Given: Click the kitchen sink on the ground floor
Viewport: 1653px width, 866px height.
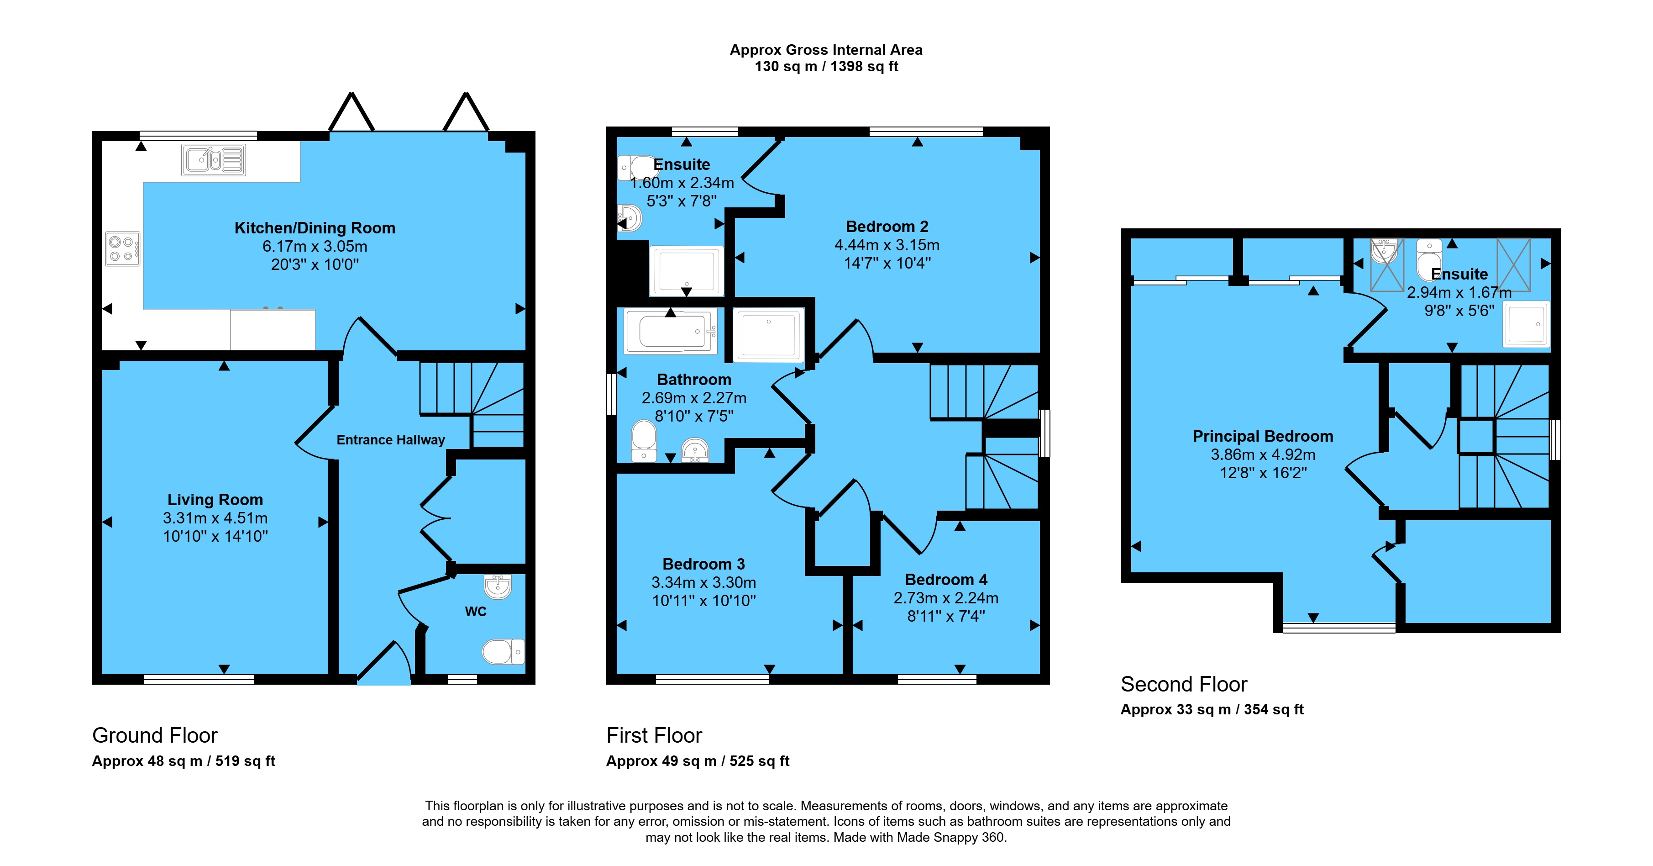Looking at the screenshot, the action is [x=213, y=160].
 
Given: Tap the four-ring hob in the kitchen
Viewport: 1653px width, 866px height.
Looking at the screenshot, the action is [x=122, y=249].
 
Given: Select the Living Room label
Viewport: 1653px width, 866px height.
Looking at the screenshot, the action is [x=215, y=499].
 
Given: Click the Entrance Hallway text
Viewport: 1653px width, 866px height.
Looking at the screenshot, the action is [x=391, y=440].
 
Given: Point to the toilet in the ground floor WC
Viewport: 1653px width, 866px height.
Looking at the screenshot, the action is [x=503, y=652].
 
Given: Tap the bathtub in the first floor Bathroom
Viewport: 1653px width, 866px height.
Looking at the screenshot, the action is [x=671, y=331].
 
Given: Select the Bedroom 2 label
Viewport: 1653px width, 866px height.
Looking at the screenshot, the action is [x=887, y=227].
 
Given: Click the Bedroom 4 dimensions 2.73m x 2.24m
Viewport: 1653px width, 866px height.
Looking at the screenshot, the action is [x=946, y=598].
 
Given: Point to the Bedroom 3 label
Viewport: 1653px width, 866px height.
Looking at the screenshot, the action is [x=703, y=564].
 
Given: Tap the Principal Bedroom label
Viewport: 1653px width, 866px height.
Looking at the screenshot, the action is [x=1263, y=437].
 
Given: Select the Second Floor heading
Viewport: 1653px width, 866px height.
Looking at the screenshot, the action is [x=1184, y=684].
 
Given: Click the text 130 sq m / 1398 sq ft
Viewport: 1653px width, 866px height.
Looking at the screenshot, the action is [x=826, y=67].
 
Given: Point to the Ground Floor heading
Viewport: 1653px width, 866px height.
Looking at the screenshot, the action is [x=155, y=735].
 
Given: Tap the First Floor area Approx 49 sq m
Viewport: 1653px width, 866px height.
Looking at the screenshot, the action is [x=661, y=761].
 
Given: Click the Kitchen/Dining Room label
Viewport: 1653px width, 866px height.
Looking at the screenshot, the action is [x=315, y=228].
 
